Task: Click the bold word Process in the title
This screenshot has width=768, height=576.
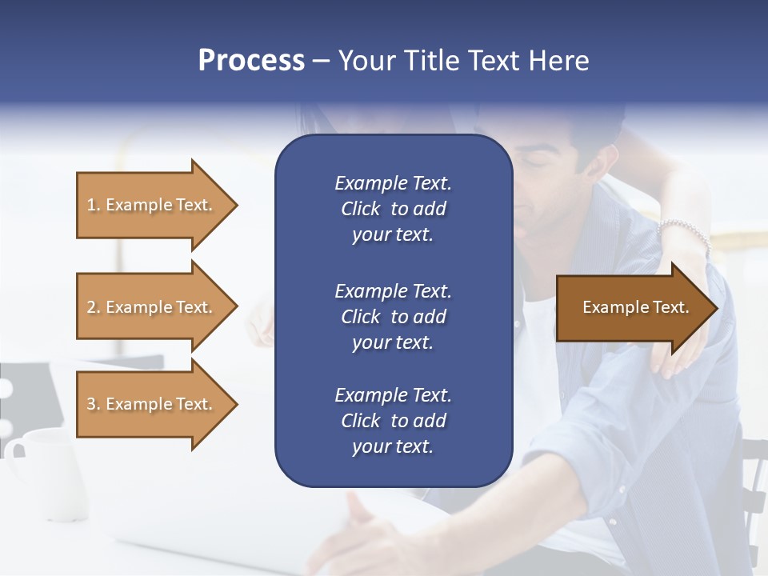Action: (x=251, y=61)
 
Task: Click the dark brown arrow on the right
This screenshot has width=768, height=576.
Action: (x=632, y=308)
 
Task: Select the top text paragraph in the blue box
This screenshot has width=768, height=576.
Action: (x=393, y=209)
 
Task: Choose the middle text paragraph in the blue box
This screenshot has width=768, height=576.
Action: (x=393, y=317)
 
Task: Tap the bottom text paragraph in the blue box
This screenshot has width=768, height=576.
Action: (x=393, y=421)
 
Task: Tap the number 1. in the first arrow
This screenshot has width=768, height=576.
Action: (x=94, y=205)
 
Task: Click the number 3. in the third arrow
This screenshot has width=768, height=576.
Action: (x=94, y=404)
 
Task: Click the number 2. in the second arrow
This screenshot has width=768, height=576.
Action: (x=94, y=307)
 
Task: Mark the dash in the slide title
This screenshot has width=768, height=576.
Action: (x=321, y=61)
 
